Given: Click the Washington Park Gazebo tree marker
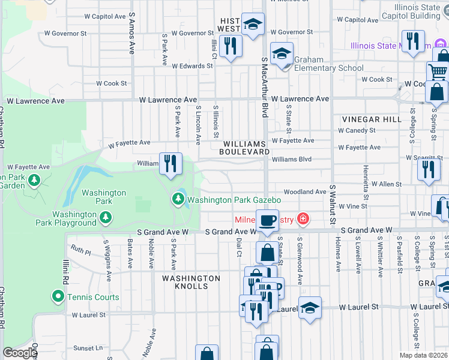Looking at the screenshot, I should click(178, 199).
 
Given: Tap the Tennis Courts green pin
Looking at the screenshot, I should click(58, 296).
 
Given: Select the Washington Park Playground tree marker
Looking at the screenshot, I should click(106, 217).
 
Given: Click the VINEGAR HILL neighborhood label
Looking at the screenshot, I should click(372, 119).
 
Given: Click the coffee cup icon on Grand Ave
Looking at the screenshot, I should click(267, 220).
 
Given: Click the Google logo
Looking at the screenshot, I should click(19, 353).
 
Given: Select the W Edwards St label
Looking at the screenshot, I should click(193, 66).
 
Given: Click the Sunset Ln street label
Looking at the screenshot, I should click(88, 348).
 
